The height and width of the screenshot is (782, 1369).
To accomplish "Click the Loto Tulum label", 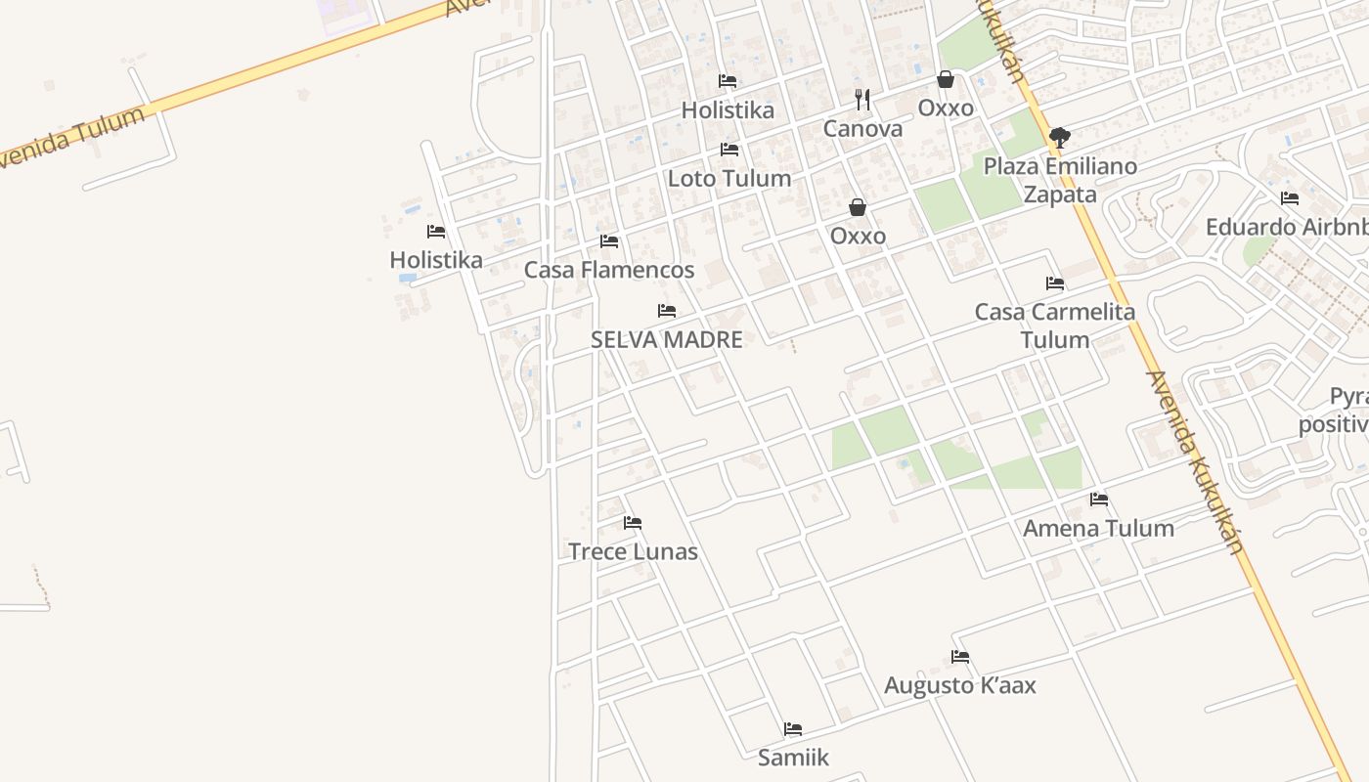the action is pos(729,178).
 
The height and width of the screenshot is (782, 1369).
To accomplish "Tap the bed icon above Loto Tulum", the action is pos(729,150).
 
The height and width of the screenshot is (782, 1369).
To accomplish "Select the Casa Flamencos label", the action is pos(609,270).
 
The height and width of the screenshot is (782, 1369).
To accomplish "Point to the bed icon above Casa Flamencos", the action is pos(609,240).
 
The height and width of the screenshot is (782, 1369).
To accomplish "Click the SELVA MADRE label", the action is pos(667,339).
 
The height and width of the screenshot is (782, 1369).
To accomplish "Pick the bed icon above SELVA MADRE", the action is pos(667,311).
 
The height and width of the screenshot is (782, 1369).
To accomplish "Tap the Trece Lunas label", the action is pos(633,551).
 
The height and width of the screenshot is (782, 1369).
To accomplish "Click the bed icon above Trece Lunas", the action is pos(633,523).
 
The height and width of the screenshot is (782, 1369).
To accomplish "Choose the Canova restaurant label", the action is pos(862,128).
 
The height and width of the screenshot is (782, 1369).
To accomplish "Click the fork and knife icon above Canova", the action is pos(862,99).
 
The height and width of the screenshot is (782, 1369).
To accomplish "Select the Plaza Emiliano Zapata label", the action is pos(1060,180).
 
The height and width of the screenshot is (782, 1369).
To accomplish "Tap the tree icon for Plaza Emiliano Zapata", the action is pos(1059,137).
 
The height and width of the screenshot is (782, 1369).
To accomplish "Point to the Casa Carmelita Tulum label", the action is pos(1055,326).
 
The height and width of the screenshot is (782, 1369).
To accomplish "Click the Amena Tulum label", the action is pos(1098,528).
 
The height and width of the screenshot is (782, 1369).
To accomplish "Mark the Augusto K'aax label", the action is pos(959,685).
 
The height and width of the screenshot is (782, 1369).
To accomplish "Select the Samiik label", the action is pos(793,758).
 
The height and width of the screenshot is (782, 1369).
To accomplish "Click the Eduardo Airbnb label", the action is pos(1287,227).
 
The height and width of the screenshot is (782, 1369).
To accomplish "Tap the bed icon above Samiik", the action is pos(793,729).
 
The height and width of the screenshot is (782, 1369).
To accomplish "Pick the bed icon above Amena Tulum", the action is pos(1099,500).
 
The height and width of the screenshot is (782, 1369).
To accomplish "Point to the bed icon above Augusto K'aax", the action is pos(960,657).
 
